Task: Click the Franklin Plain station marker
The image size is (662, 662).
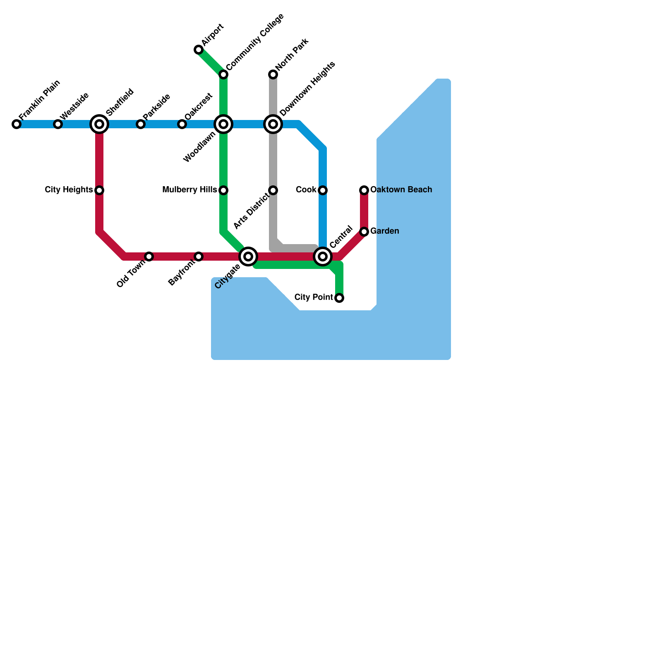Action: (x=17, y=124)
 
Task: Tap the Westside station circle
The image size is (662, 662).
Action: (x=58, y=124)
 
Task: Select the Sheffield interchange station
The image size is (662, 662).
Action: (x=99, y=124)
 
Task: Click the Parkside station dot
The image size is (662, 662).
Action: (x=141, y=124)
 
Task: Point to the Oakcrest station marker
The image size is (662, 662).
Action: (x=182, y=124)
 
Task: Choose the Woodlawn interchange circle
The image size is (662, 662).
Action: (x=223, y=124)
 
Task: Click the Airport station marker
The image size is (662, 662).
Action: (x=199, y=50)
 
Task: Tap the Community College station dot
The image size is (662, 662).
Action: (x=223, y=74)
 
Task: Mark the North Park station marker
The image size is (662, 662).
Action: (x=273, y=74)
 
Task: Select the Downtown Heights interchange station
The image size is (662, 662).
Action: (x=273, y=124)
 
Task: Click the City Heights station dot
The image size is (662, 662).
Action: (x=99, y=190)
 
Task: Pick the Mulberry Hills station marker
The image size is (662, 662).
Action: (x=223, y=190)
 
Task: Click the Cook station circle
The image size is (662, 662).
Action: (x=323, y=190)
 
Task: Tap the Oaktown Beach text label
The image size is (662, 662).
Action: (x=401, y=190)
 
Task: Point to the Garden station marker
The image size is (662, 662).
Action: (x=364, y=232)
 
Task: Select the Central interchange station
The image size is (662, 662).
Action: (x=323, y=257)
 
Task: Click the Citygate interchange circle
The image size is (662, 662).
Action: (x=248, y=257)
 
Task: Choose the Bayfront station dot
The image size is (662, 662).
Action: (x=199, y=257)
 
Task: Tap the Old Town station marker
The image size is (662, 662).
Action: (x=149, y=257)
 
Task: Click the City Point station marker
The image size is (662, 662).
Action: (x=339, y=298)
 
